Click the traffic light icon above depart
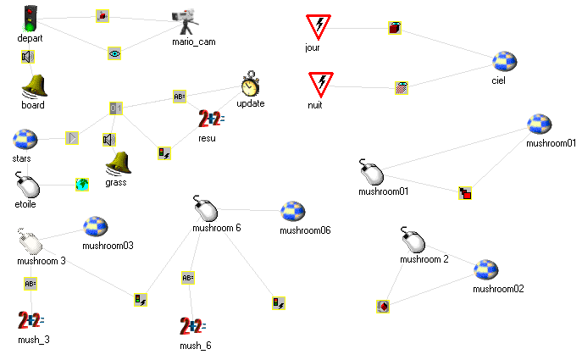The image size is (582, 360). pos(30,19)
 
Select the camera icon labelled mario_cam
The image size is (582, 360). pos(186,19)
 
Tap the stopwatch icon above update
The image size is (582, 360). pos(251,84)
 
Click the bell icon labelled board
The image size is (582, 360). pos(34,86)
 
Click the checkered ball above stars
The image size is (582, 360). pos(25,140)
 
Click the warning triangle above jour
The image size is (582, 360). pos(319,26)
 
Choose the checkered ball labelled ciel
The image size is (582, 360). pos(505,63)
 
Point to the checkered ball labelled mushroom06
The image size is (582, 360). pos(293,213)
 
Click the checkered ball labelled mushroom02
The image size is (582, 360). pos(486,270)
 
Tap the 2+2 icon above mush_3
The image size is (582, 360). pos(30,320)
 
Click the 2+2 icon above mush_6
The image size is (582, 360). pos(193,326)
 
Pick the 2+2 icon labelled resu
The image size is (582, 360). pos(211,119)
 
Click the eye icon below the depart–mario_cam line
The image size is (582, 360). pos(114,53)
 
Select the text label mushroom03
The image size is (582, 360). pos(108,246)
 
